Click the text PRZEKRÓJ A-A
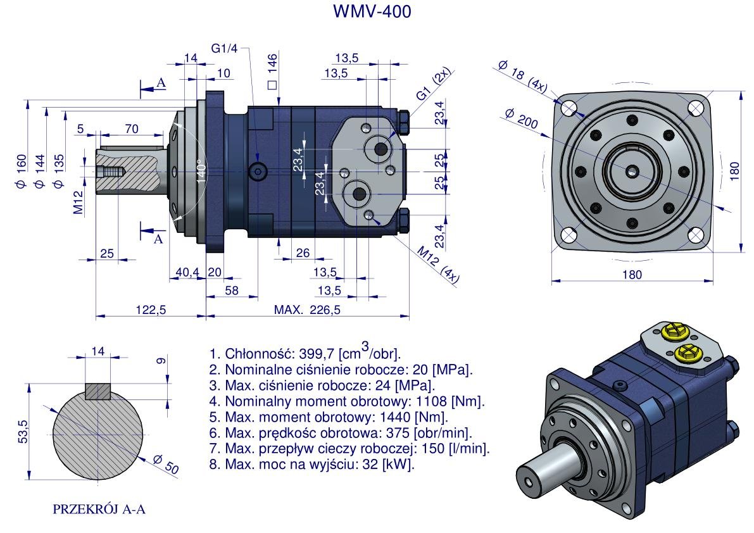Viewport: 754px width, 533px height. pos(99,509)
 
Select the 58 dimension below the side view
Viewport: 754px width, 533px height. pos(232,291)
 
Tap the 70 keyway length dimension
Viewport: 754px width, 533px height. pos(131,129)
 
